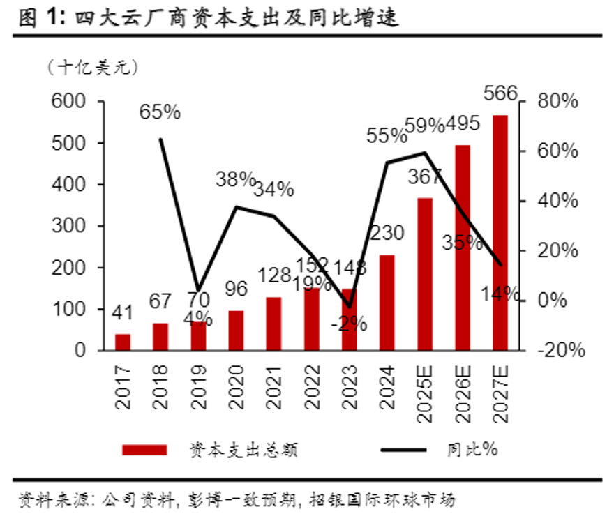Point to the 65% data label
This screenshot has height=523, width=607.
click(x=160, y=111)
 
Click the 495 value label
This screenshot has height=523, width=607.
click(x=463, y=124)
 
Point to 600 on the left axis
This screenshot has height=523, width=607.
click(x=69, y=102)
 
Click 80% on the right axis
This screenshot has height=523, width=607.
click(x=557, y=102)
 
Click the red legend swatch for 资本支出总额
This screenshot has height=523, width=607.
click(x=144, y=450)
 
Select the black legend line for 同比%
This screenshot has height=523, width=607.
click(x=403, y=450)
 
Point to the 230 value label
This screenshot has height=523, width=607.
click(x=387, y=233)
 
